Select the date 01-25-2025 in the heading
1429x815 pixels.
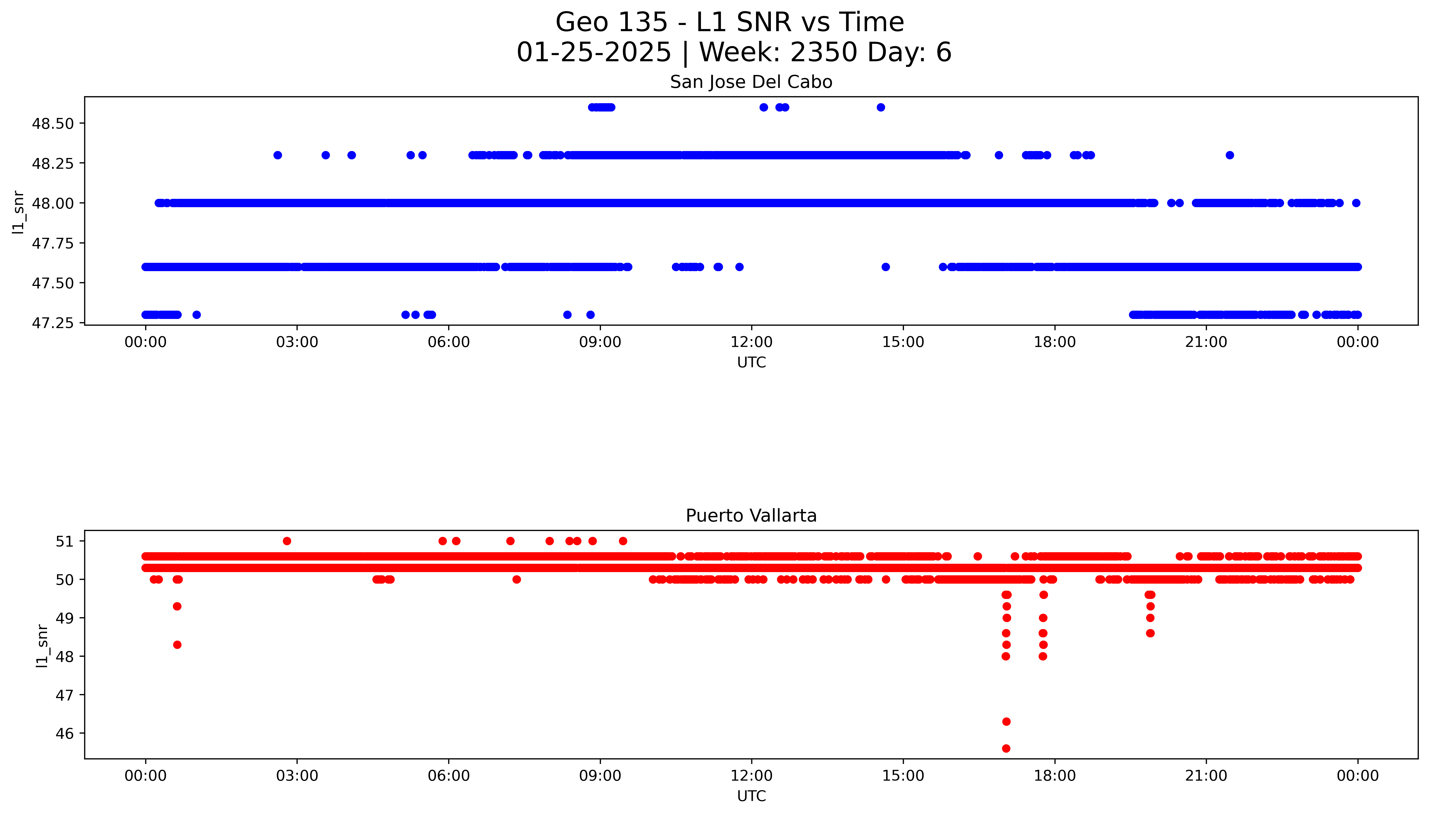pos(594,53)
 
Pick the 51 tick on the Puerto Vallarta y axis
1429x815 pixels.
pos(65,541)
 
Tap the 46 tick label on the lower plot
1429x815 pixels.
pos(65,733)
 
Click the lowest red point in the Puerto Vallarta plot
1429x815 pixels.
pos(1006,748)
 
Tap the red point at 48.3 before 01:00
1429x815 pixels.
pos(177,645)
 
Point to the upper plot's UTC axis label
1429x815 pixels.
pos(751,363)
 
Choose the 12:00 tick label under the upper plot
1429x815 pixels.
pos(751,342)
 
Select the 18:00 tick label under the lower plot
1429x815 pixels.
pos(1054,776)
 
